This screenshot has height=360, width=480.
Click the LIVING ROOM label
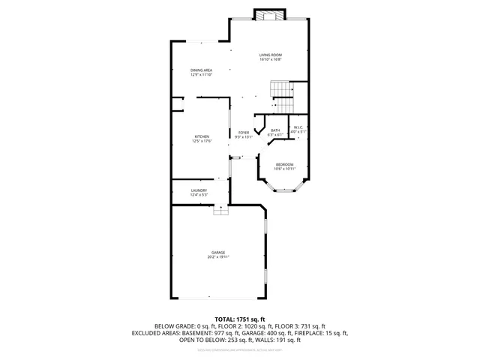(270, 55)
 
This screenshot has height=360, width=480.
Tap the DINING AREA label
(201, 70)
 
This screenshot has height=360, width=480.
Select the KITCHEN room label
(202, 136)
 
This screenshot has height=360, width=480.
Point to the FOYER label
(244, 133)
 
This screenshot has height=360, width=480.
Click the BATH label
(275, 130)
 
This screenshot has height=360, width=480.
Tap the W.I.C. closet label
(298, 127)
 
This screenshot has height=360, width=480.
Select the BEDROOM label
(284, 164)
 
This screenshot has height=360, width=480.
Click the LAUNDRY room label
(199, 190)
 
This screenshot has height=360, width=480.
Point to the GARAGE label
(218, 252)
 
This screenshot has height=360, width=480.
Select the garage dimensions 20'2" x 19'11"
(218, 257)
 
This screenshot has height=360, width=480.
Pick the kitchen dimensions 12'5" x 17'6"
(202, 141)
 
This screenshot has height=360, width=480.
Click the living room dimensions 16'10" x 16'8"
(270, 59)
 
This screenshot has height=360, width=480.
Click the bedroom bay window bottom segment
(284, 192)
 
